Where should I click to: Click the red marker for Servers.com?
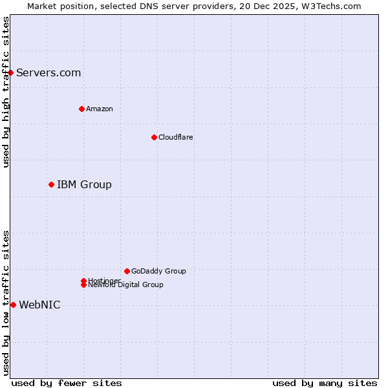[11, 72]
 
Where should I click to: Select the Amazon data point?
[81, 109]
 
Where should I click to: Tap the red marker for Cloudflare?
[154, 137]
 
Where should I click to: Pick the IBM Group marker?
[51, 184]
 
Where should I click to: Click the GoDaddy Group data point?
[127, 271]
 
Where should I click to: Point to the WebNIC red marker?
[13, 305]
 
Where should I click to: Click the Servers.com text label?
[48, 72]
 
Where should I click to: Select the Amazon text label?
[100, 109]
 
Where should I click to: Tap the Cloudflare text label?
[176, 137]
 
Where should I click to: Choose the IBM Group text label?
[84, 184]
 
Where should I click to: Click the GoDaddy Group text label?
[158, 271]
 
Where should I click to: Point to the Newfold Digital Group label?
[126, 285]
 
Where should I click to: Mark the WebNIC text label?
[39, 305]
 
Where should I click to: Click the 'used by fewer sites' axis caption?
[67, 383]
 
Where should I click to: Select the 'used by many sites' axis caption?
[325, 383]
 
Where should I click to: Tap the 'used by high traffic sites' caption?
[6, 92]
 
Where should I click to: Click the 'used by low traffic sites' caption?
[6, 303]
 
